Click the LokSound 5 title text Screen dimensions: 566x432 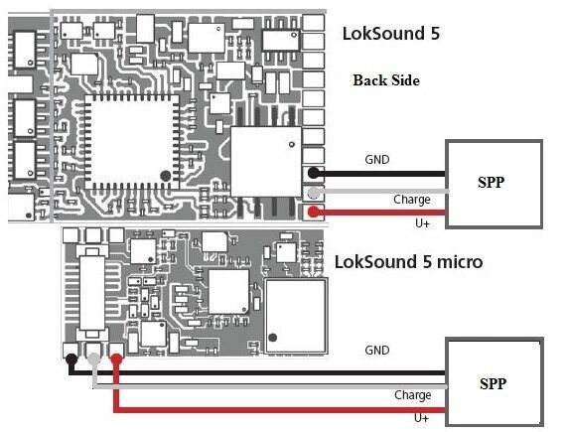tap(391, 34)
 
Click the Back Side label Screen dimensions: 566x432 tap(386, 80)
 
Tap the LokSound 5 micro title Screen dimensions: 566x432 tap(409, 261)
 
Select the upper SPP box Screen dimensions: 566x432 tap(495, 184)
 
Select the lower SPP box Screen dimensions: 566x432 tap(495, 382)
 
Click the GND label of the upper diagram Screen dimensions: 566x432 tap(377, 160)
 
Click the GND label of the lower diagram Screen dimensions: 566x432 tap(377, 351)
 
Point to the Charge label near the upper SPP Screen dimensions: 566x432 tap(412, 200)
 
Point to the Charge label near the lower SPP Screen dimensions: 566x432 tap(413, 395)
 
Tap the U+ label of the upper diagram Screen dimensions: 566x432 tap(422, 223)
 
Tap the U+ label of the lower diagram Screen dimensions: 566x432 tap(422, 418)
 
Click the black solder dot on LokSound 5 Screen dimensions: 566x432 tap(314, 173)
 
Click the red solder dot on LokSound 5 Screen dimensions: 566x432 tap(314, 212)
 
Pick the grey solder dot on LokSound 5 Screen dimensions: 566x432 tap(314, 193)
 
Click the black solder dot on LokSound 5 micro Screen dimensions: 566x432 tap(71, 360)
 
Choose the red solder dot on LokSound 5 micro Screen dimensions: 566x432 tap(116, 360)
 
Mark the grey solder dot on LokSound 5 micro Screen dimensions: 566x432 tap(94, 360)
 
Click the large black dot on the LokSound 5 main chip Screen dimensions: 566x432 tap(165, 176)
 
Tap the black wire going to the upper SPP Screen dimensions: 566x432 tap(379, 174)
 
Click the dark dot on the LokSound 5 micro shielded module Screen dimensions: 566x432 tap(273, 338)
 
